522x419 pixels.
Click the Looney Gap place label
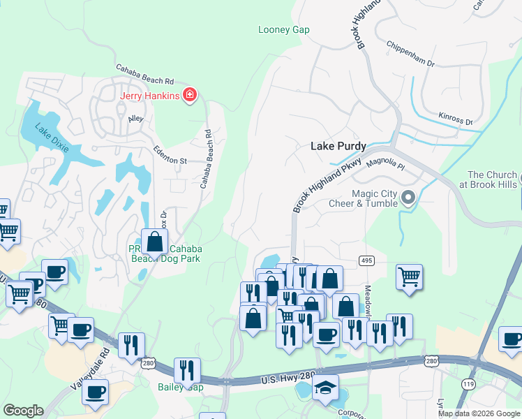(x=283, y=29)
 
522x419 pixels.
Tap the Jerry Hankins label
(x=150, y=96)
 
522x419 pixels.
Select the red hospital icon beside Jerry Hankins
(x=189, y=96)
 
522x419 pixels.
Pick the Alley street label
(x=135, y=119)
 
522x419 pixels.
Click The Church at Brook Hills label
(x=493, y=179)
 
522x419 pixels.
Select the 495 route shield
(x=366, y=260)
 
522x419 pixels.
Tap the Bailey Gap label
(x=180, y=387)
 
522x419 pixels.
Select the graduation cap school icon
(x=326, y=388)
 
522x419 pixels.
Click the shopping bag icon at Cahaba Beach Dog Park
(x=155, y=242)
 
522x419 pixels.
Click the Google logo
(x=23, y=411)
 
